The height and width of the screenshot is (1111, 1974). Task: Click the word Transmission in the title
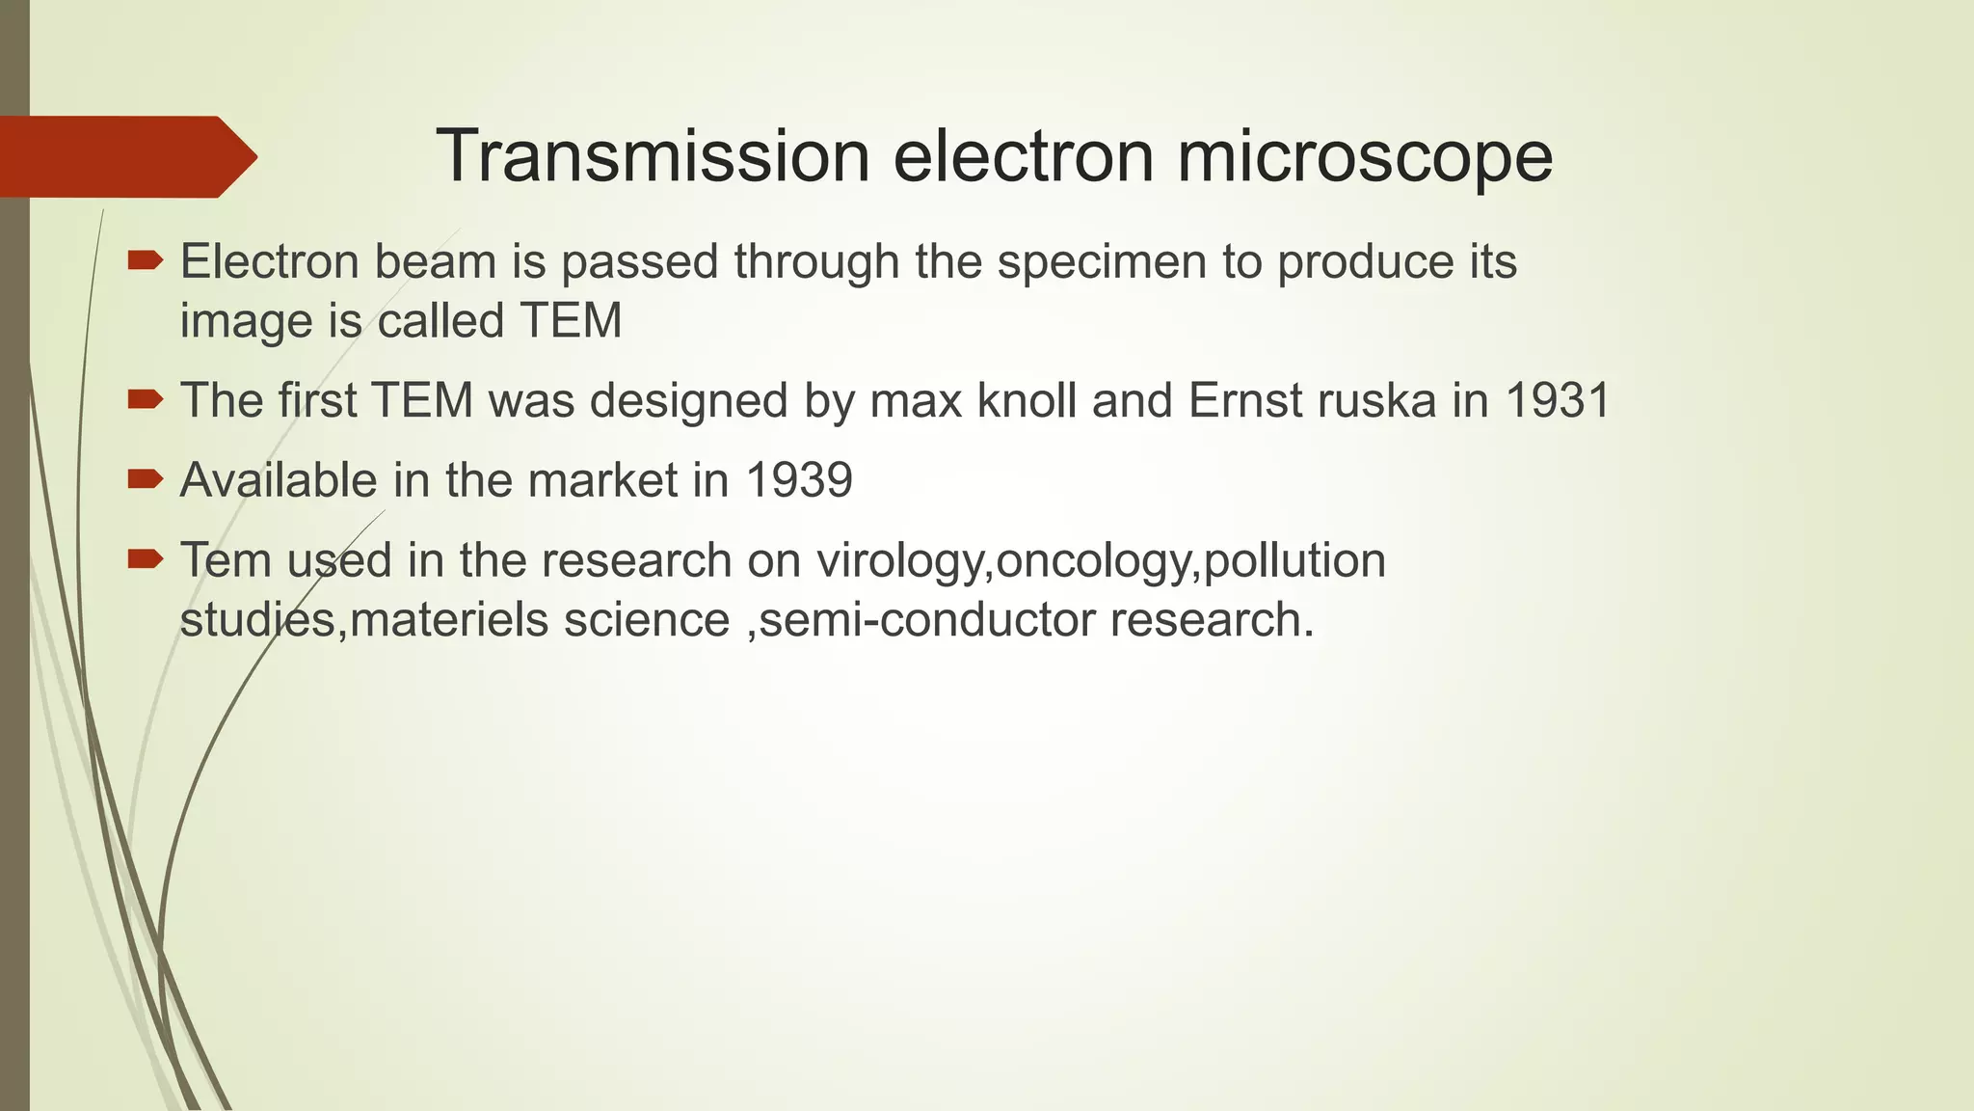click(x=654, y=156)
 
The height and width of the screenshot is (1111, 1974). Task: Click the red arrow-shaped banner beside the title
click(x=125, y=156)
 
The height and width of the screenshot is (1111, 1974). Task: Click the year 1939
click(x=799, y=480)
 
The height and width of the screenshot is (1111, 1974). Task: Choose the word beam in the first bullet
click(x=435, y=262)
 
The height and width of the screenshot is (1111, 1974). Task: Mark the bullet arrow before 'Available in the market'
click(x=146, y=478)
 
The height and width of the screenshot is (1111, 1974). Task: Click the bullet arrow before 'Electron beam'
click(x=146, y=259)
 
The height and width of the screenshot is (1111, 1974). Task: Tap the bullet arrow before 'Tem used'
click(x=146, y=558)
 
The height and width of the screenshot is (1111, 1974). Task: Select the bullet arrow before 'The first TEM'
click(x=146, y=398)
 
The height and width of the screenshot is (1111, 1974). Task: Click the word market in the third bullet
click(x=600, y=480)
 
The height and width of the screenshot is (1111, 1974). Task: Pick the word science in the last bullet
click(x=647, y=619)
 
